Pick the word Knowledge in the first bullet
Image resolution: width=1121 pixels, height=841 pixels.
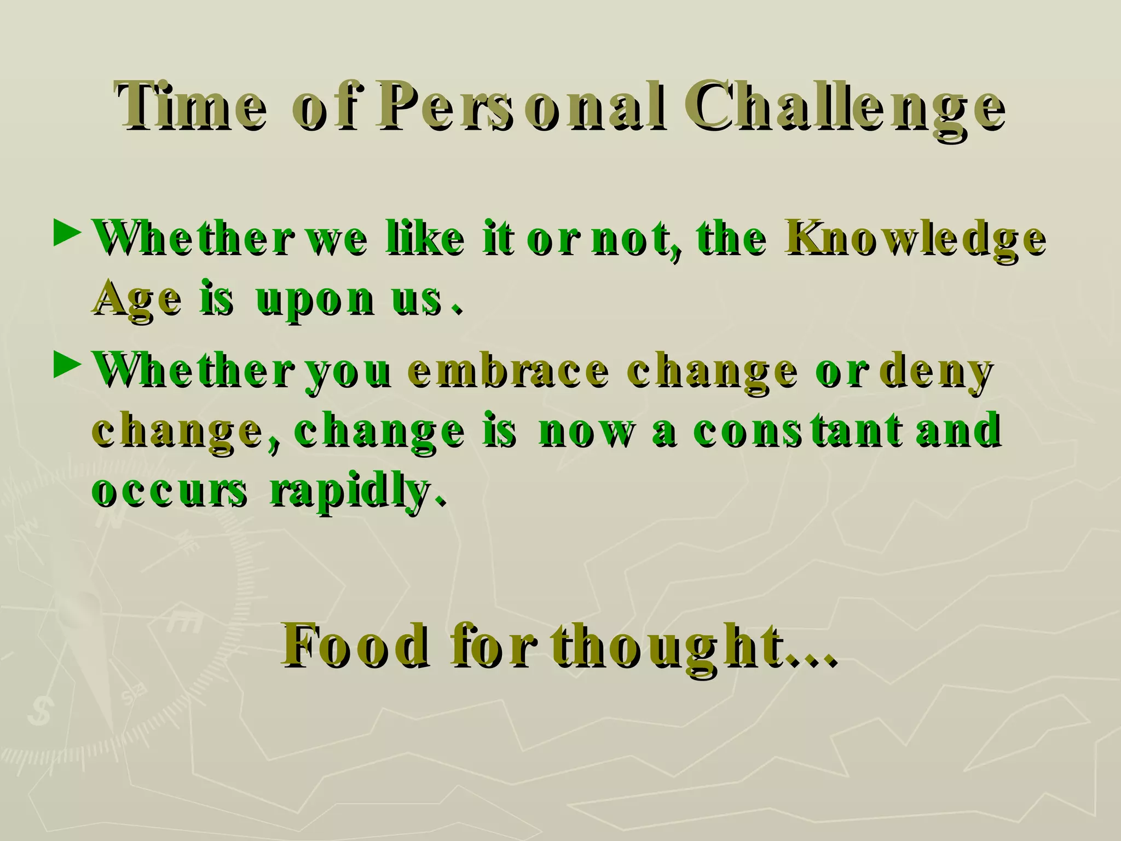click(915, 239)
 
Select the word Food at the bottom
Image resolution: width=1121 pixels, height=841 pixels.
click(356, 646)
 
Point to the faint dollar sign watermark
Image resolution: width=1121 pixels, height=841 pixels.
click(40, 710)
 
